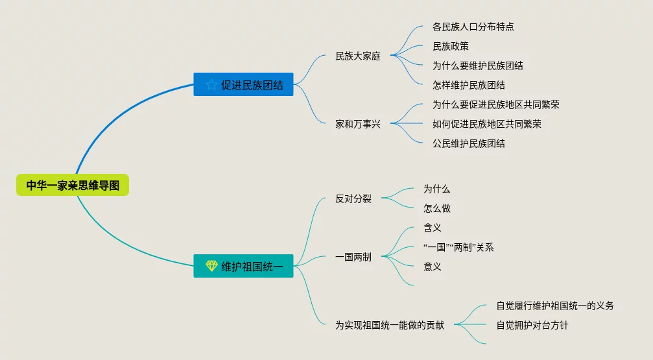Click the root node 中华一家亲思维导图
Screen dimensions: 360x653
point(73,185)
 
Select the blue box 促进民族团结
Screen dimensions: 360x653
point(243,84)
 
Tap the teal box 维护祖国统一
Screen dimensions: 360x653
point(243,265)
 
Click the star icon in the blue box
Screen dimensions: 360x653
point(211,84)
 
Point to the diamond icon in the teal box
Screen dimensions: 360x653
point(211,265)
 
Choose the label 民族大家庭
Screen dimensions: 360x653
point(358,56)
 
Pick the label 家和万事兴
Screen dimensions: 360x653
point(358,124)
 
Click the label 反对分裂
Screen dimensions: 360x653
point(353,199)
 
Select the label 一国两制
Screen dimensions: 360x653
point(353,257)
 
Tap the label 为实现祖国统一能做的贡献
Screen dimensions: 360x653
point(390,325)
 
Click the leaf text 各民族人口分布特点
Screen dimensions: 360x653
point(473,27)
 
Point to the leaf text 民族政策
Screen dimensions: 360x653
point(451,46)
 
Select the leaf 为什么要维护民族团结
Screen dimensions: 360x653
point(478,66)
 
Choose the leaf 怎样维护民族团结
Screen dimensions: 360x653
point(469,85)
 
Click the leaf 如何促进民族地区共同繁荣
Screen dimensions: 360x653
point(487,124)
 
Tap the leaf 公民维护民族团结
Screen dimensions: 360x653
point(469,143)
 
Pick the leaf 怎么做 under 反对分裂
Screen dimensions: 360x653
point(437,208)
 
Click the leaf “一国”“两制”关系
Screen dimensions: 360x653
point(458,247)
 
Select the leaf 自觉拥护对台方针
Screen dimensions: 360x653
point(532,325)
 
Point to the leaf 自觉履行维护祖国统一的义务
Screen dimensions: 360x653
point(555,306)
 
